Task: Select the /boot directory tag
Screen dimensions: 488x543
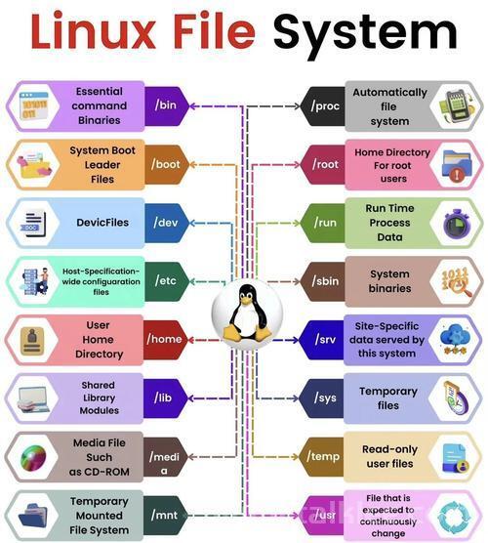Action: pos(167,164)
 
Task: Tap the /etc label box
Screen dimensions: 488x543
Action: pos(167,281)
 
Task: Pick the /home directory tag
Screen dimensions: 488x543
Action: pos(165,340)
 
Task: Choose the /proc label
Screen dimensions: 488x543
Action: pos(323,106)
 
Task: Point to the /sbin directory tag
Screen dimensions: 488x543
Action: pos(323,281)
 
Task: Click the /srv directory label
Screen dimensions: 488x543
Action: pos(321,340)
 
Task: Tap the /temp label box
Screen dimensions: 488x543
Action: pos(321,456)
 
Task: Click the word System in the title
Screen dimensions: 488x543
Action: pos(365,34)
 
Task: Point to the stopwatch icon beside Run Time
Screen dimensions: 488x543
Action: pos(457,224)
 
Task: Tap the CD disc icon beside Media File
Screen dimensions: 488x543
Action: pos(33,458)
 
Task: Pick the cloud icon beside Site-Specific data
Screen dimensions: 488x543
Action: pos(455,340)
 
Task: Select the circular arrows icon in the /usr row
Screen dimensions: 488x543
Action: pos(454,517)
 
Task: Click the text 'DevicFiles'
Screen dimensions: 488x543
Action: pos(102,223)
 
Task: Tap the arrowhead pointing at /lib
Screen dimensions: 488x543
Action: pos(191,398)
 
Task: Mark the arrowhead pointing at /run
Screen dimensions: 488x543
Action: pos(297,223)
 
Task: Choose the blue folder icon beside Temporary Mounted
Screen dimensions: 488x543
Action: pos(32,515)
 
